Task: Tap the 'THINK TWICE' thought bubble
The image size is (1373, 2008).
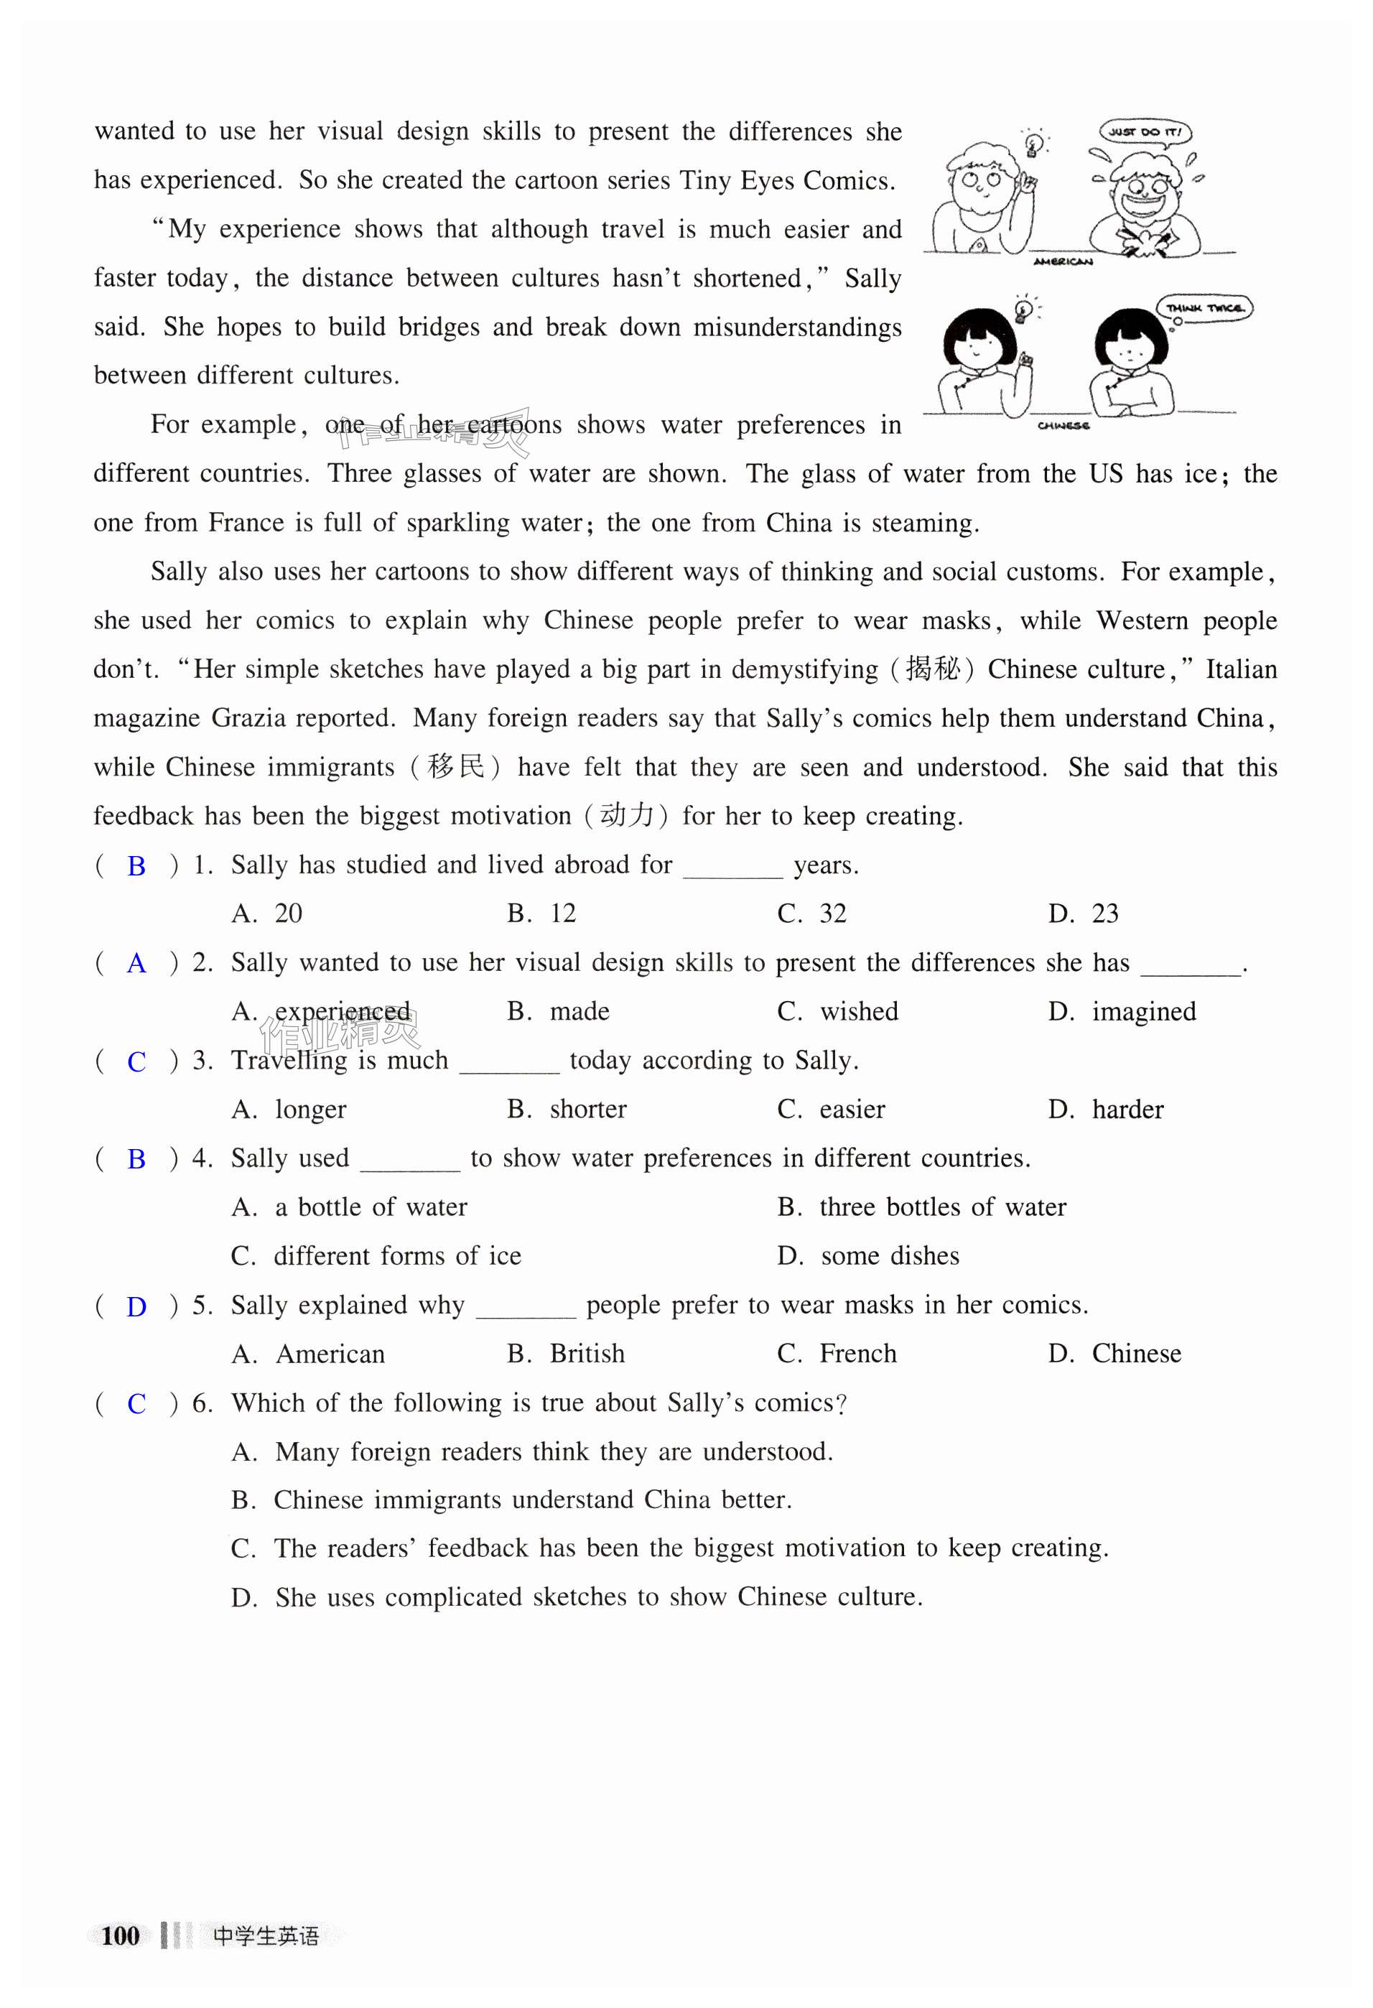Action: tap(1204, 307)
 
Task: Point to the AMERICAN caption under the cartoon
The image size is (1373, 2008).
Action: tap(1063, 261)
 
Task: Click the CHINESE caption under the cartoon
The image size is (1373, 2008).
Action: tap(1063, 425)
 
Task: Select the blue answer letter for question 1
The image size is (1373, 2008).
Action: tap(136, 866)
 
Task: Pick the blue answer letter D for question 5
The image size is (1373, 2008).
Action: tap(136, 1307)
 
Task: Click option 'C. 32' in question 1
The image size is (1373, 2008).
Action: tap(811, 914)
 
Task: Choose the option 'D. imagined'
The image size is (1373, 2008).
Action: tap(1122, 1012)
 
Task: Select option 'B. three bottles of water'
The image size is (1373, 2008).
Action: tap(921, 1207)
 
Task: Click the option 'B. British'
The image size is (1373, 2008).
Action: tap(565, 1354)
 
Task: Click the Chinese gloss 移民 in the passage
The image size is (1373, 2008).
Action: tap(455, 767)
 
